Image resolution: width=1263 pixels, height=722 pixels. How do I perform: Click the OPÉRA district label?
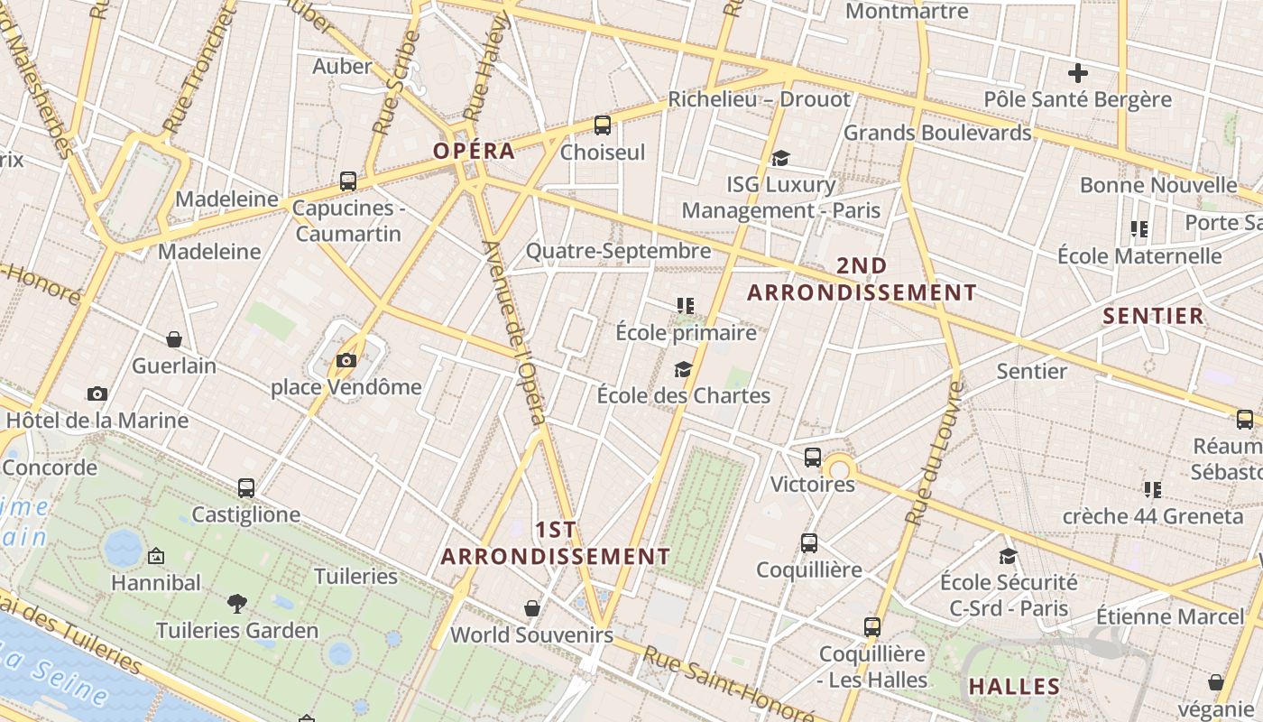click(x=474, y=151)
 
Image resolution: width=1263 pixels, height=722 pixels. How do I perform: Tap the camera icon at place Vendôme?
click(x=346, y=361)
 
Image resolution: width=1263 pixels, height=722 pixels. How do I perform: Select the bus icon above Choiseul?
click(x=602, y=125)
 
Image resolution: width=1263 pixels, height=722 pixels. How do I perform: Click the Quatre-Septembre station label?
click(x=618, y=251)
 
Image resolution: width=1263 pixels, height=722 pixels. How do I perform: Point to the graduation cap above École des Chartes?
click(x=683, y=369)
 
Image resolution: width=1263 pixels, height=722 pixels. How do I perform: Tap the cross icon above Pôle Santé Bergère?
click(x=1077, y=73)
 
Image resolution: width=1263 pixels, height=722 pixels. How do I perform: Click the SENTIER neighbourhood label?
click(x=1153, y=316)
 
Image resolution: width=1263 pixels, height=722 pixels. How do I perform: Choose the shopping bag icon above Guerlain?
click(x=174, y=339)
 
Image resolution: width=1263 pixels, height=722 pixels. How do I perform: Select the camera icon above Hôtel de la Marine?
click(x=97, y=393)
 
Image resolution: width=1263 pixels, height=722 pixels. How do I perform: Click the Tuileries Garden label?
click(x=237, y=630)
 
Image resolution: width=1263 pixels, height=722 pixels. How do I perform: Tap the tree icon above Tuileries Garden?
click(x=237, y=602)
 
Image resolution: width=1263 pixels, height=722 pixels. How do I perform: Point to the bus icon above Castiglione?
click(x=246, y=488)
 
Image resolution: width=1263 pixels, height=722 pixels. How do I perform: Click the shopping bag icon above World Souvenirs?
click(x=532, y=607)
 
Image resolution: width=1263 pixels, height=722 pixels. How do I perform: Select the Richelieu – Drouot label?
click(x=759, y=99)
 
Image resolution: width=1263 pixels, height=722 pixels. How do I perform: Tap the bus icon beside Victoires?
click(x=813, y=458)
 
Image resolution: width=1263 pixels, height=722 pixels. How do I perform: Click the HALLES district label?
click(x=1014, y=686)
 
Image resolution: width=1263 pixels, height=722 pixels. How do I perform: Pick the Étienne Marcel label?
click(x=1169, y=617)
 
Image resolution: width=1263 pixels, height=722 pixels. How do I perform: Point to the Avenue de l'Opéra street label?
click(x=515, y=332)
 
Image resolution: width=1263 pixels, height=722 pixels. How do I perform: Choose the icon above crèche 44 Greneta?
click(x=1152, y=490)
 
